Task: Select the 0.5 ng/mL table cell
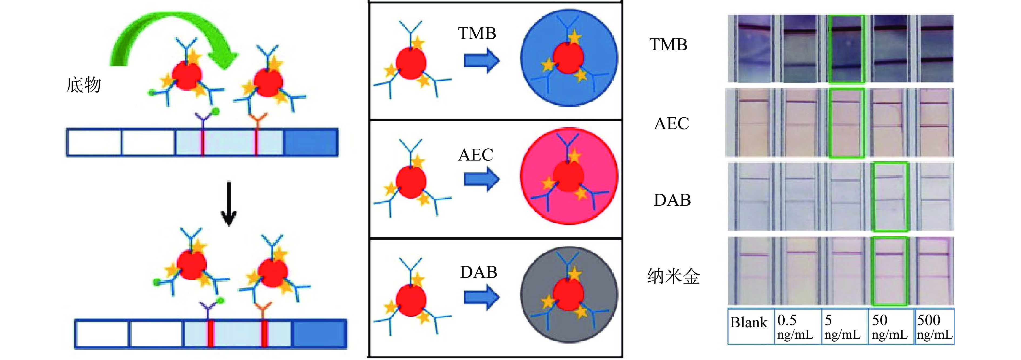pyautogui.click(x=797, y=326)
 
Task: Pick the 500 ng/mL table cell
pyautogui.click(x=935, y=326)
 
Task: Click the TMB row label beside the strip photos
pyautogui.click(x=668, y=44)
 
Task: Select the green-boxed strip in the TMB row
pyautogui.click(x=847, y=49)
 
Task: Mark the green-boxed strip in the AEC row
pyautogui.click(x=847, y=123)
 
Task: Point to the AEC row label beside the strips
pyautogui.click(x=671, y=123)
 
